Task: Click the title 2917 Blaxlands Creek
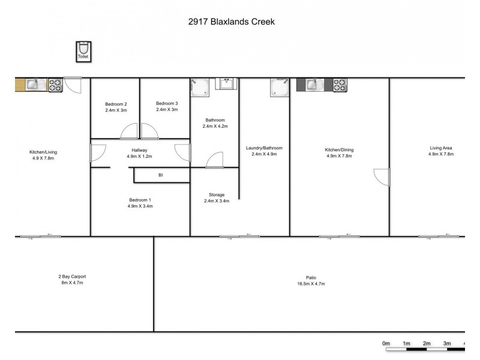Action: pyautogui.click(x=231, y=22)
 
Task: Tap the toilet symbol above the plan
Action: pyautogui.click(x=83, y=49)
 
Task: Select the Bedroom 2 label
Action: pyautogui.click(x=115, y=103)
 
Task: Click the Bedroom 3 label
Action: pyautogui.click(x=166, y=103)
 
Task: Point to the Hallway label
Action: pyautogui.click(x=140, y=150)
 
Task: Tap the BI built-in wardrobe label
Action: pyautogui.click(x=160, y=175)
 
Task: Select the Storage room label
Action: pyautogui.click(x=217, y=195)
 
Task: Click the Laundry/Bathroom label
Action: pyautogui.click(x=264, y=148)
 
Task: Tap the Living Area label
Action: pyautogui.click(x=441, y=148)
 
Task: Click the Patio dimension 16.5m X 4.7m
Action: pyautogui.click(x=311, y=284)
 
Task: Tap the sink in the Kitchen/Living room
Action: pyautogui.click(x=31, y=85)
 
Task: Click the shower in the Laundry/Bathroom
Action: pyautogui.click(x=278, y=87)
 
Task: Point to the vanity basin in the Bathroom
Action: pyautogui.click(x=226, y=84)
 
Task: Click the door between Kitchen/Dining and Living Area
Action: pyautogui.click(x=382, y=176)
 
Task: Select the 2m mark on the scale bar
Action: pyautogui.click(x=427, y=343)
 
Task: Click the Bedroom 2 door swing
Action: pyautogui.click(x=128, y=131)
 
